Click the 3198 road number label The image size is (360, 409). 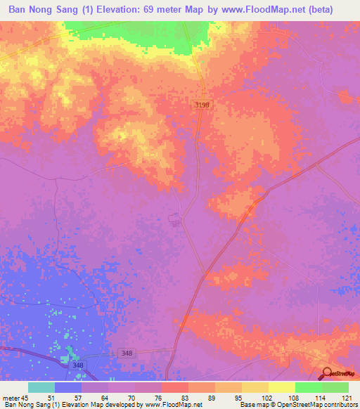point(202,104)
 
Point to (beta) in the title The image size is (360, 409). point(335,10)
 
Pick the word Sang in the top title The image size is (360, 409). point(77,10)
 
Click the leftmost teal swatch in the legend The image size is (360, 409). point(41,387)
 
